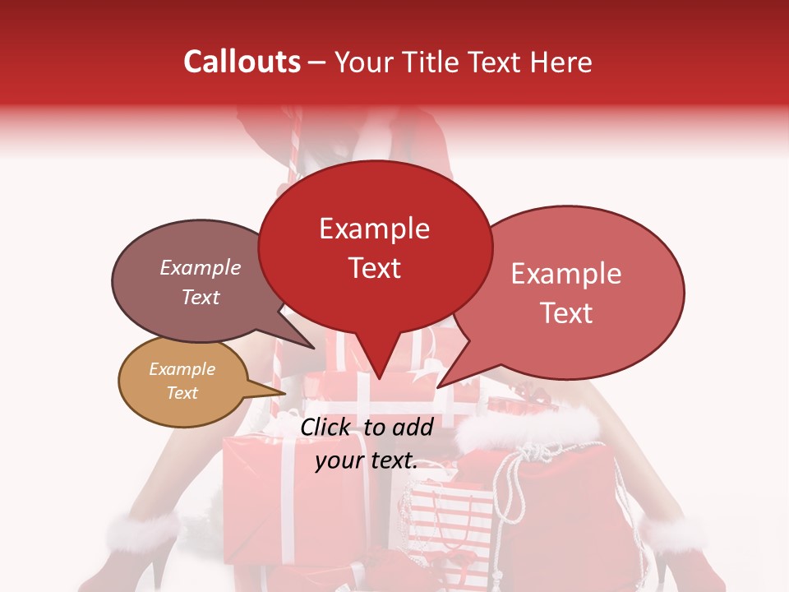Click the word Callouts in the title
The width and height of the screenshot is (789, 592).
(242, 62)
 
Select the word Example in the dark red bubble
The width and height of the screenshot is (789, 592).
(374, 229)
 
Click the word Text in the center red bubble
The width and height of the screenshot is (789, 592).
(374, 268)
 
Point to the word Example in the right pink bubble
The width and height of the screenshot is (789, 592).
(566, 274)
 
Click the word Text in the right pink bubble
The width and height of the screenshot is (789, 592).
(566, 313)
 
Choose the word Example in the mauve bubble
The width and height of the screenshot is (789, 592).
(200, 268)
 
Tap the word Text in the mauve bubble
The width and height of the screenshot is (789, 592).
(200, 298)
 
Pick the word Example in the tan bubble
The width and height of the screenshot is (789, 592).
(182, 369)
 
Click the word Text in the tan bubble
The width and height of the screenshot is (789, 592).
(182, 393)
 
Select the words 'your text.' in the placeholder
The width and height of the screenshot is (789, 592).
(367, 461)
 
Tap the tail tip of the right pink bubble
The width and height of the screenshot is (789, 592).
(438, 386)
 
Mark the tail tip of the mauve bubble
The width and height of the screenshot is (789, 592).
(313, 348)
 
